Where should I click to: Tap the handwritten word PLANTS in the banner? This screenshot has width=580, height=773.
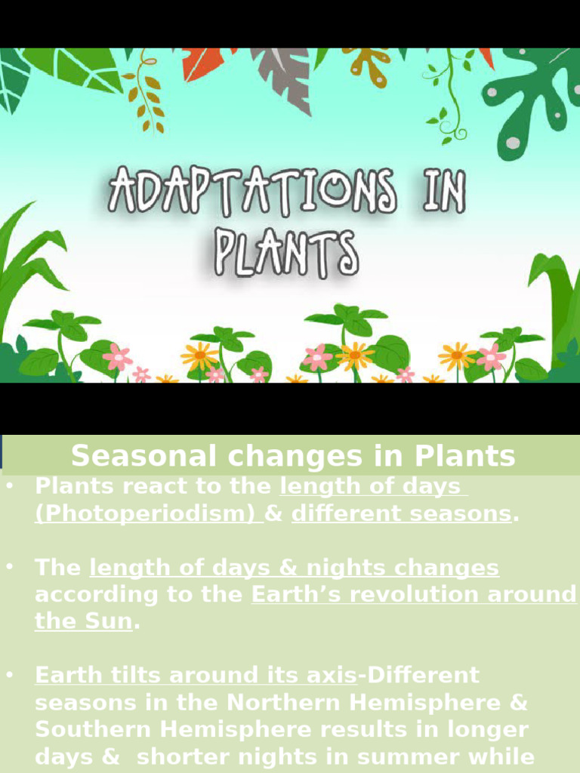pos(285,253)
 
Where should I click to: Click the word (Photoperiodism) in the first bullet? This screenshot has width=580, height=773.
pos(148,513)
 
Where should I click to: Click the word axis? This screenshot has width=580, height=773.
pos(331,675)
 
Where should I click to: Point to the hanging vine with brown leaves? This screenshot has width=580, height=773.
pos(143,91)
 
